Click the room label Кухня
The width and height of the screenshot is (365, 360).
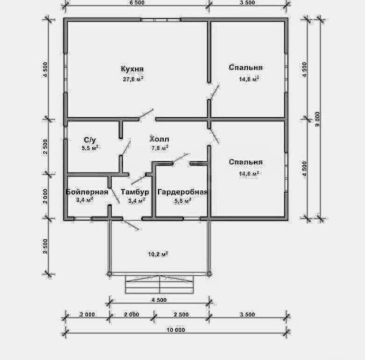[x=132, y=69]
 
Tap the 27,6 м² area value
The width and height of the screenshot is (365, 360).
[x=133, y=79]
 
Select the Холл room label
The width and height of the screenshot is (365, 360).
[x=159, y=139]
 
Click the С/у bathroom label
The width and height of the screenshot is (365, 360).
[x=90, y=140]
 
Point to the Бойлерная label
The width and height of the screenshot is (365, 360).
[x=87, y=192]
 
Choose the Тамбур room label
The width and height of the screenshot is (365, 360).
[x=135, y=192]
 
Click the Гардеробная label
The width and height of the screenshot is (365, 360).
[x=182, y=192]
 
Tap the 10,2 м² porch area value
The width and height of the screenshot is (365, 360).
[x=158, y=254]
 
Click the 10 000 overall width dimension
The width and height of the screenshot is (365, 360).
[x=176, y=330]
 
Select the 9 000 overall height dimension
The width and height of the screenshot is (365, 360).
[x=317, y=119]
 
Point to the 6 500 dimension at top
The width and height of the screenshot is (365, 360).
[x=137, y=3]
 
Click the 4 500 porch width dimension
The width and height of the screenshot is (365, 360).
[x=159, y=300]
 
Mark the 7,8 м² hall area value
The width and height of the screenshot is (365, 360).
[x=160, y=148]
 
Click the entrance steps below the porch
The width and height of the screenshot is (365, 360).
[x=159, y=284]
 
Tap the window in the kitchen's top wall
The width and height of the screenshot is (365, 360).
[x=161, y=20]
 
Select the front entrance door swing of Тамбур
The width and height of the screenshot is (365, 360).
[x=131, y=224]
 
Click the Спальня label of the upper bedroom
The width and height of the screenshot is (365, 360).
[x=246, y=67]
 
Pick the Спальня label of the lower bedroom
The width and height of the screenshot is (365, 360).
[x=246, y=162]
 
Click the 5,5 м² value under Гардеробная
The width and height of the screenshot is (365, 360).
[x=183, y=201]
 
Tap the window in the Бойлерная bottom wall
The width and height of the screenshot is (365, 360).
[x=83, y=219]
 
